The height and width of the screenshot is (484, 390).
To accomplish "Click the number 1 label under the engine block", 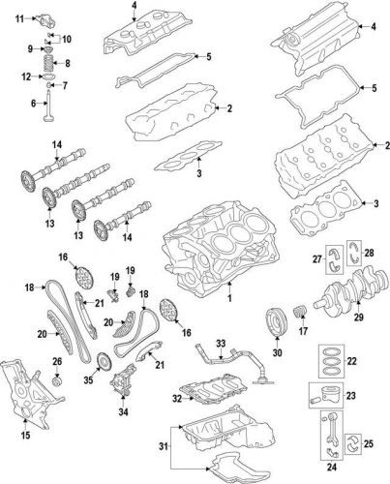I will point(229,301).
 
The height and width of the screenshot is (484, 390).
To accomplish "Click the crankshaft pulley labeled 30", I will point(276,323).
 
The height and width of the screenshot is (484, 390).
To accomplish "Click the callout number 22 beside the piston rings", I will point(378,361).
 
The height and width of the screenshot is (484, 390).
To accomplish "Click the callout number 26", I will point(57,361).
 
